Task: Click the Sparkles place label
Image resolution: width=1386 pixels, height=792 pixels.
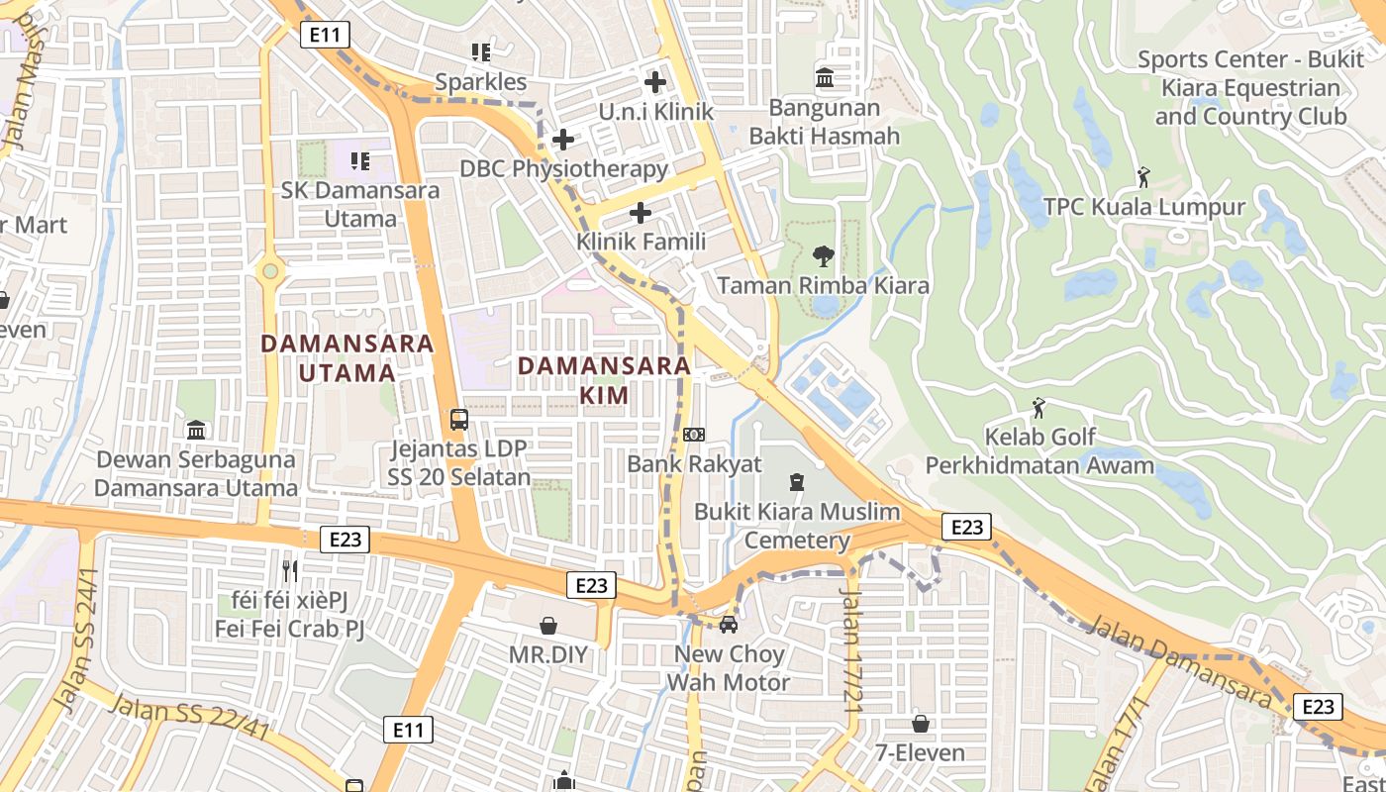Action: click(x=481, y=81)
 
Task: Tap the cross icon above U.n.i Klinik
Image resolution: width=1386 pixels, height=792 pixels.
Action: click(x=654, y=82)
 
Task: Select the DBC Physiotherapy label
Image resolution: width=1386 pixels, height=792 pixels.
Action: click(x=563, y=168)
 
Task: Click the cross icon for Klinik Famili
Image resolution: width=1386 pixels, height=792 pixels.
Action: click(x=641, y=213)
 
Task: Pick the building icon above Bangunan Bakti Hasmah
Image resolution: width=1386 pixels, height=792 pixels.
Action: click(x=824, y=77)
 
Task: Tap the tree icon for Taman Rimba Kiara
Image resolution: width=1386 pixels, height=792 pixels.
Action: click(x=823, y=256)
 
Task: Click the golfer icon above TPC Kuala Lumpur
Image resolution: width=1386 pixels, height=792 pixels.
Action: click(x=1143, y=178)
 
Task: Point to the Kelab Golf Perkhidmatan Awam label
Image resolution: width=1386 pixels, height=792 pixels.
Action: click(x=1039, y=450)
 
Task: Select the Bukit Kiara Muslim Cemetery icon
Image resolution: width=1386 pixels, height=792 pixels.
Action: click(x=796, y=482)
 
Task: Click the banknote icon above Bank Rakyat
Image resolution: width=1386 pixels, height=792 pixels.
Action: click(x=694, y=435)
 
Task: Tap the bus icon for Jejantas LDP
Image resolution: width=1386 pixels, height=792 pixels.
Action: click(x=459, y=419)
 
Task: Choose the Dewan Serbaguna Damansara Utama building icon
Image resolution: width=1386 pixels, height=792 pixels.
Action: click(x=196, y=430)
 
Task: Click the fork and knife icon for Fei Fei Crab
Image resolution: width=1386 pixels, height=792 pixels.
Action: click(x=289, y=570)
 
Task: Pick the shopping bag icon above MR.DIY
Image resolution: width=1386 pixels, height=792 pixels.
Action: click(x=548, y=626)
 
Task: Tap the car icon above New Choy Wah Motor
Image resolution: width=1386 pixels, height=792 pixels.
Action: click(x=728, y=625)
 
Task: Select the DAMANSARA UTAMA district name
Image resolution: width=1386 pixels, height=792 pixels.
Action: click(x=346, y=357)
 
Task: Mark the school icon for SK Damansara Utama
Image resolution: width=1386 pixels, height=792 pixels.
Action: click(x=359, y=160)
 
